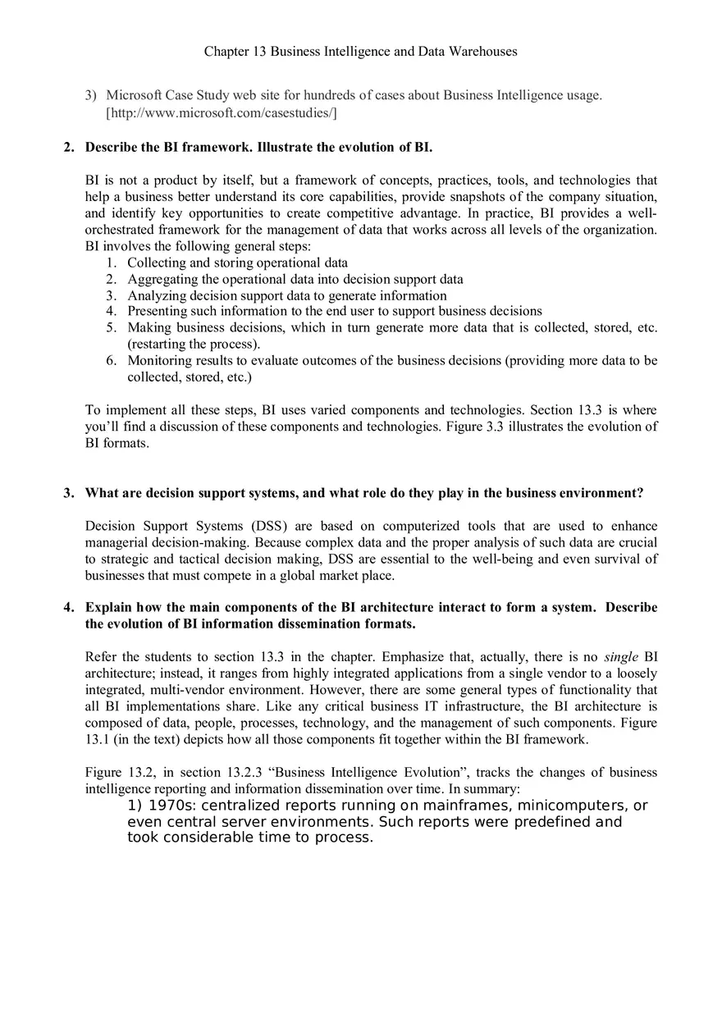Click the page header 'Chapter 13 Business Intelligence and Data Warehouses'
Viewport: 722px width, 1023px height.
click(x=360, y=51)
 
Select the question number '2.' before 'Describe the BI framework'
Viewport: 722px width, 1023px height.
click(x=70, y=147)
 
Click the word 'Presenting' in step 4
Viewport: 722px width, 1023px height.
click(x=157, y=311)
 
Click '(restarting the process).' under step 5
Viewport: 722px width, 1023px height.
click(x=194, y=344)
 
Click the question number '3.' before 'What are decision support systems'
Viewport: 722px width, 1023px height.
click(x=70, y=493)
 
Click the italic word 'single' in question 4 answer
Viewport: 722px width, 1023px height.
click(x=620, y=657)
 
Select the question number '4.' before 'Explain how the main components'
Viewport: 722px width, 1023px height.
click(x=70, y=608)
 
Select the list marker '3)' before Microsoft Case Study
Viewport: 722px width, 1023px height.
click(x=91, y=95)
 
